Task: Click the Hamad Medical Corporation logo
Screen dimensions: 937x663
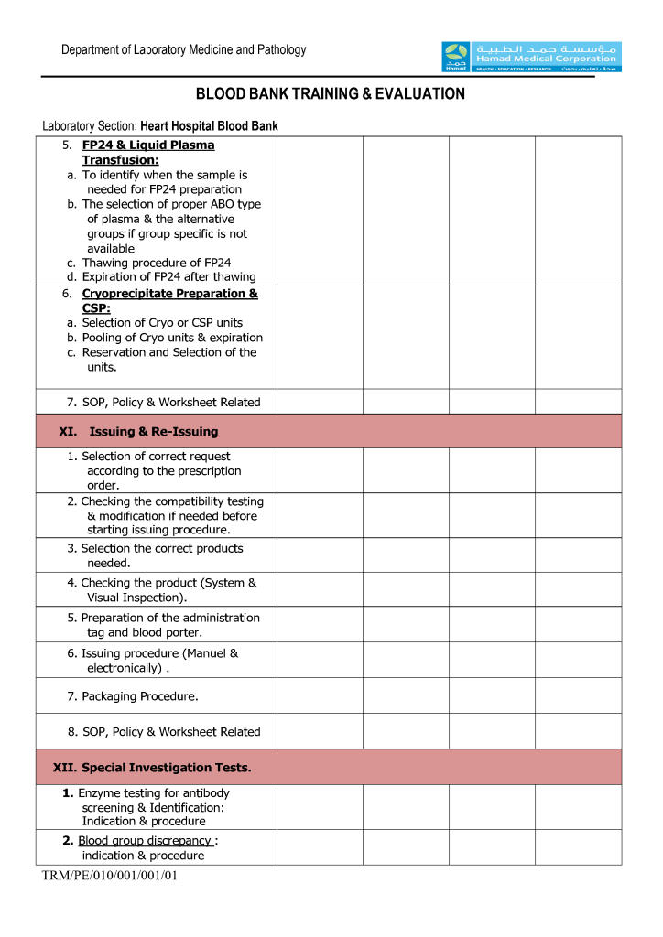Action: (x=531, y=57)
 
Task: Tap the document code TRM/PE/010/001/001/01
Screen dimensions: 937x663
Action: (x=110, y=876)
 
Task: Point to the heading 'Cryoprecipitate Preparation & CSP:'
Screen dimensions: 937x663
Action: (x=168, y=301)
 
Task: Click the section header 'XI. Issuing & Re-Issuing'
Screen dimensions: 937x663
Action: (x=138, y=431)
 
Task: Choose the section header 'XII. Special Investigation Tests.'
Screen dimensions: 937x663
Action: (x=152, y=768)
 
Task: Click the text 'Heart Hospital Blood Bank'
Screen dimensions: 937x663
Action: (x=209, y=126)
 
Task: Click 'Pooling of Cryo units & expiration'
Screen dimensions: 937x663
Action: (x=172, y=338)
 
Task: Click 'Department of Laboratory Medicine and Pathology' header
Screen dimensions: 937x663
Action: (x=184, y=50)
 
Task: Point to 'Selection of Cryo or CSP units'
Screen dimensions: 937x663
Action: (x=162, y=323)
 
